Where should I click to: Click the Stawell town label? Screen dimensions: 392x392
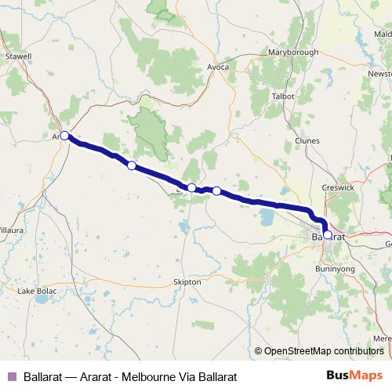17,56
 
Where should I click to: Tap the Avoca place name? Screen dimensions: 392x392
218,67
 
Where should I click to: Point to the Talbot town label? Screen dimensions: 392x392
282,96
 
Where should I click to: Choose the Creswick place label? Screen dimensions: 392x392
338,189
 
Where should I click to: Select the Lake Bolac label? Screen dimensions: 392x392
36,292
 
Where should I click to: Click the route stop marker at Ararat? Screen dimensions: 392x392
65,136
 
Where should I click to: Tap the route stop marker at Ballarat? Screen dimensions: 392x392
328,234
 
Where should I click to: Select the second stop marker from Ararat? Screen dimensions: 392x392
132,165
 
